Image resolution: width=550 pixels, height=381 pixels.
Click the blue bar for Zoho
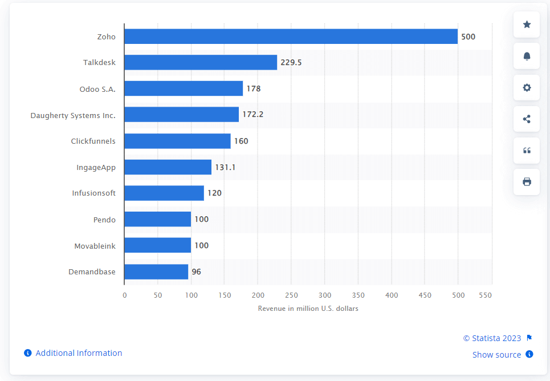point(291,37)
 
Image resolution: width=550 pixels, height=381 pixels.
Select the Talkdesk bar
point(201,62)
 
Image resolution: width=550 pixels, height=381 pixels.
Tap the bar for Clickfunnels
point(177,141)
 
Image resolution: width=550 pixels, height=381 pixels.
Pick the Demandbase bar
point(156,271)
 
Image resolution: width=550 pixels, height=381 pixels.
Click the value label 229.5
point(291,62)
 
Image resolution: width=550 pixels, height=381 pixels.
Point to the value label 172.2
point(253,115)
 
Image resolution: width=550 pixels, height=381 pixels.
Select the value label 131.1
point(225,167)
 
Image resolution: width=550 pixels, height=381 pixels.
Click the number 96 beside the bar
point(196,271)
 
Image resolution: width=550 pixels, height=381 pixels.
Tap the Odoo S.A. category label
point(97,89)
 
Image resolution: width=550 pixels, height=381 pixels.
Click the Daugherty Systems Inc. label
point(73,115)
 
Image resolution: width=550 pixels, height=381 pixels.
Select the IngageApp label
point(96,168)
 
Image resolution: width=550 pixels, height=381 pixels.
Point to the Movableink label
point(95,246)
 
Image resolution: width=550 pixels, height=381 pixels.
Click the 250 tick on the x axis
point(291,295)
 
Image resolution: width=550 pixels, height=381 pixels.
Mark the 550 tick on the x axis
point(485,295)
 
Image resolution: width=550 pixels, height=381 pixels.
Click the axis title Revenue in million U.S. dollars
point(308,309)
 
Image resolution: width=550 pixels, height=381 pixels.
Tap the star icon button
point(527,25)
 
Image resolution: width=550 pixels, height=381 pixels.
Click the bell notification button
point(527,56)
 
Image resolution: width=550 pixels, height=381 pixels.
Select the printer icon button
point(527,182)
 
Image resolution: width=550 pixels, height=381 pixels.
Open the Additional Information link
point(79,353)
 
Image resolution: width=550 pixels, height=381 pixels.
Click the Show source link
point(496,355)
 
